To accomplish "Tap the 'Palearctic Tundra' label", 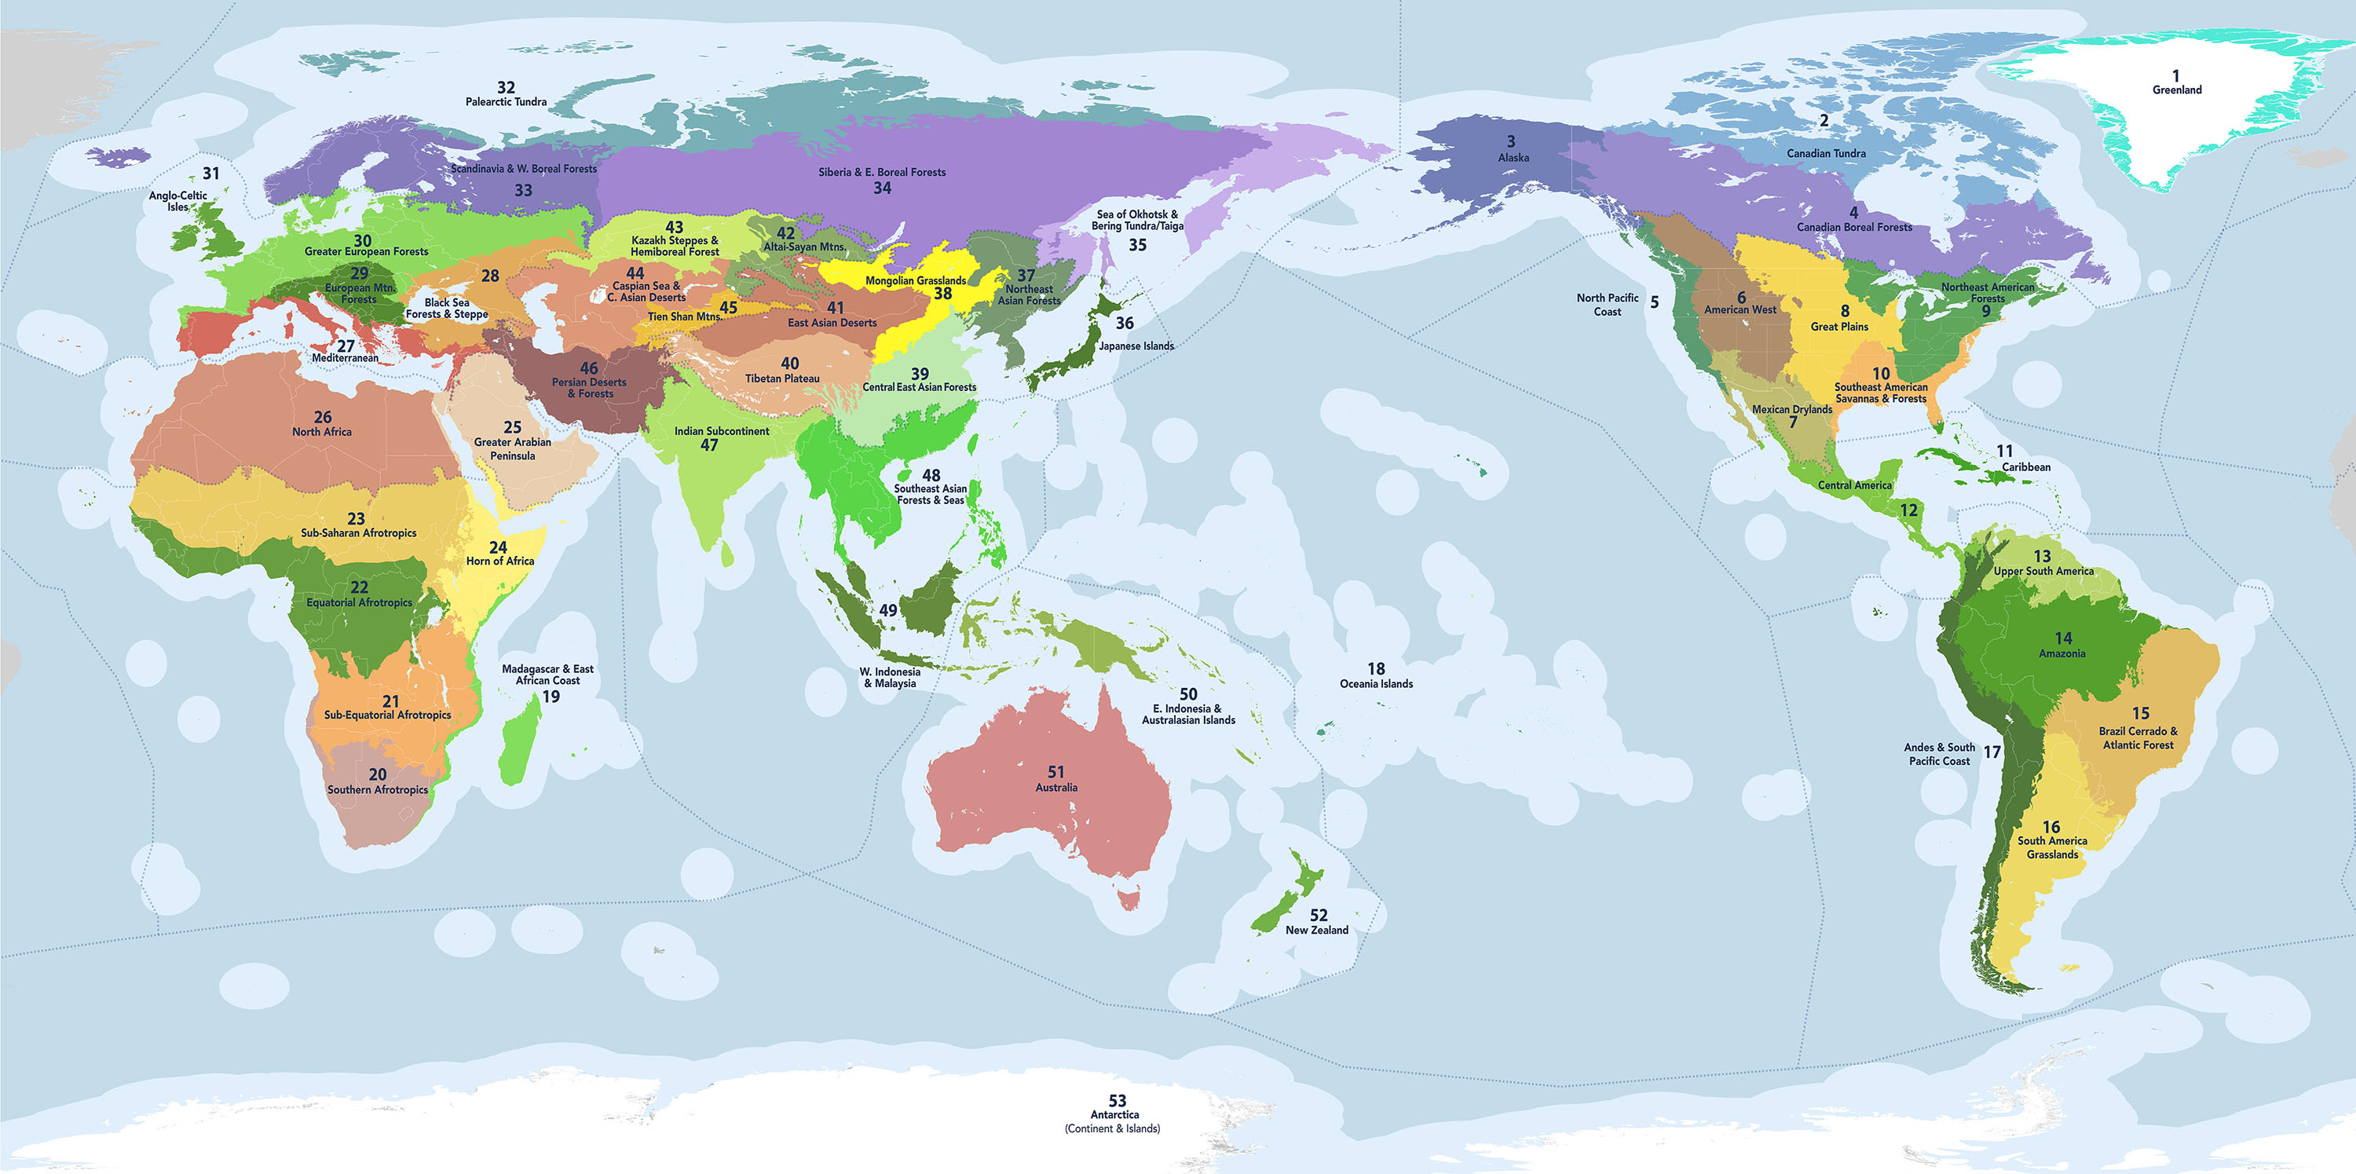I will point(506,101).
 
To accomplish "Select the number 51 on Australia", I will point(1055,772).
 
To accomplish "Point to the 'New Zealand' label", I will point(1316,930).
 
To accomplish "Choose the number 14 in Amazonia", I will point(2063,638).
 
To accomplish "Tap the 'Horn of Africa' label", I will point(499,561).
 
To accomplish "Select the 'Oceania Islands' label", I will point(1376,684).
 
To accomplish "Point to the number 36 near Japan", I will point(1124,323).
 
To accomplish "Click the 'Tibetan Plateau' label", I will point(782,379).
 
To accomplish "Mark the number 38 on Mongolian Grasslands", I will point(942,294).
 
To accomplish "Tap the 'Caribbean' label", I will point(2026,467).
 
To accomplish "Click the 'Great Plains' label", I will point(1839,327).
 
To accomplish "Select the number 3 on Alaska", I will point(1511,141).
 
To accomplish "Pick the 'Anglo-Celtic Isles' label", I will point(177,201).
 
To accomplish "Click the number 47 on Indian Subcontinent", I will point(709,445).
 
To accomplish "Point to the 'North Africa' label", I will point(321,432).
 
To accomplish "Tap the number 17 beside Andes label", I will point(1992,752).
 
